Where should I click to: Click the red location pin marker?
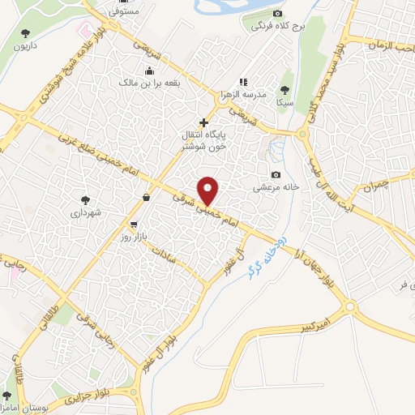(208, 190)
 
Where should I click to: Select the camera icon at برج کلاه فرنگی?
(278, 14)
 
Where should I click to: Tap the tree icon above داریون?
(24, 33)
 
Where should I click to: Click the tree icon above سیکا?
(284, 90)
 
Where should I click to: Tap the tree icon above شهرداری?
(85, 199)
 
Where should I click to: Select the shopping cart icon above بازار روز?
(133, 224)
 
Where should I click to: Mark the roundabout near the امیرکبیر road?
(349, 306)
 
